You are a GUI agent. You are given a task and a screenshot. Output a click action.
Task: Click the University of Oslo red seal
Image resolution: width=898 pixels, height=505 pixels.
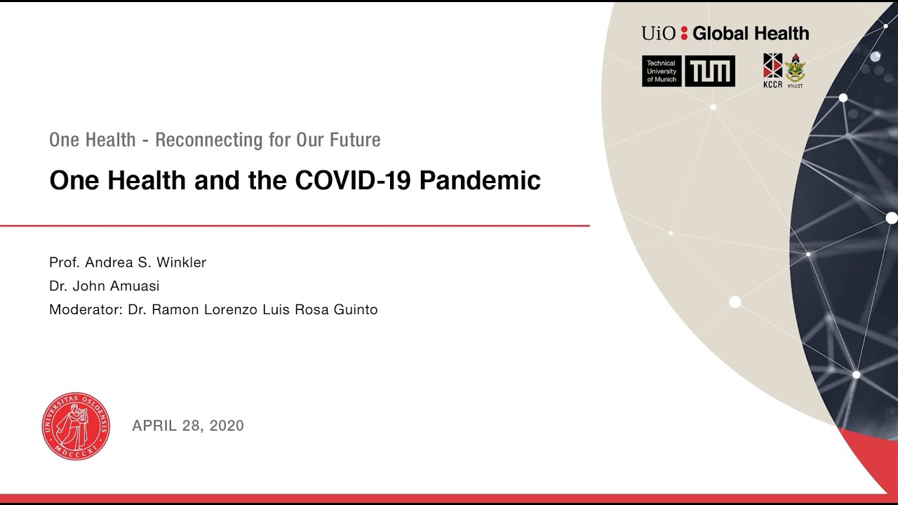[x=76, y=426]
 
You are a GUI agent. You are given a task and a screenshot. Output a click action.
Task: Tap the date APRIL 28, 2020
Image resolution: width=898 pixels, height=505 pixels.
[x=188, y=426]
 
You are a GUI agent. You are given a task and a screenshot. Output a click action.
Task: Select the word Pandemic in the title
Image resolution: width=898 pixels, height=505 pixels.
[x=481, y=181]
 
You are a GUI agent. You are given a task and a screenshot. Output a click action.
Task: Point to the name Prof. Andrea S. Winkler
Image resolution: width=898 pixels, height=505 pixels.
[x=128, y=262]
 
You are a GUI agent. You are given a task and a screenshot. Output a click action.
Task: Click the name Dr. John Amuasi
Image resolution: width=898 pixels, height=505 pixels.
[x=104, y=286]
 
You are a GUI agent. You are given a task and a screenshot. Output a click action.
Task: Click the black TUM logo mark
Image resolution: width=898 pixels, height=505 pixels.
[x=709, y=72]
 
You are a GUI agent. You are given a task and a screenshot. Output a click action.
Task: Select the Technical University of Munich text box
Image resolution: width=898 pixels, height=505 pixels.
[x=662, y=72]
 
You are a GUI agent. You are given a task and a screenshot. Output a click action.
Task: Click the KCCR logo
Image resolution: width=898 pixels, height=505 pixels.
[x=772, y=70]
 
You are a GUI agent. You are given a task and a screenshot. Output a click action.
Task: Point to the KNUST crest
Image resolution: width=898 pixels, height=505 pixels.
[x=795, y=70]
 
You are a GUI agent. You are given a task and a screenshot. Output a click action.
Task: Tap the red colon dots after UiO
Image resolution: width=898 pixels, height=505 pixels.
[x=684, y=34]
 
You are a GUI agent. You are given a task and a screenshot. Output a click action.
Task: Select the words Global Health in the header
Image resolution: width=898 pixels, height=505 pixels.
[x=751, y=33]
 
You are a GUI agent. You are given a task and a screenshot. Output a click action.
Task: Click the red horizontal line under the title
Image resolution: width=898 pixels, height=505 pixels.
[x=295, y=226]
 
